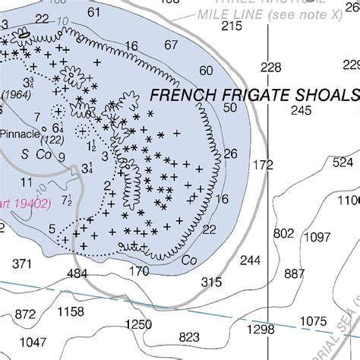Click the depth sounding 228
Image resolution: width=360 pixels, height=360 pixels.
[271, 68]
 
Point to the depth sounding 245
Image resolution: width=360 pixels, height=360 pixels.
[302, 110]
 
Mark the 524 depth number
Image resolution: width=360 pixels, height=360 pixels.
[343, 162]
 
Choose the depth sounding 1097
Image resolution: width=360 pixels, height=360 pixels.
[317, 237]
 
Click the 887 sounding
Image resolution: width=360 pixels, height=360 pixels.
[294, 273]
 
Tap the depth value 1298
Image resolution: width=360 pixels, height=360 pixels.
[261, 329]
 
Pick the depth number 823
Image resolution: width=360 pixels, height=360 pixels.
[189, 337]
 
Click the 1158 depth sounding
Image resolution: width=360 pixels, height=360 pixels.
[71, 311]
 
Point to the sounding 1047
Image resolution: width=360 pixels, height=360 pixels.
[33, 341]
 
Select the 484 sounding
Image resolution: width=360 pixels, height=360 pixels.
[77, 273]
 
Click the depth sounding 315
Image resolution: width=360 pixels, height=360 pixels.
[211, 281]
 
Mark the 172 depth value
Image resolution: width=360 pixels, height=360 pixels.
[263, 164]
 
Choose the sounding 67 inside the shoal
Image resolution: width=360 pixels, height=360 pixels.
[171, 45]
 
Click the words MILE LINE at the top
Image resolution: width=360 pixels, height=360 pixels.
[228, 14]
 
